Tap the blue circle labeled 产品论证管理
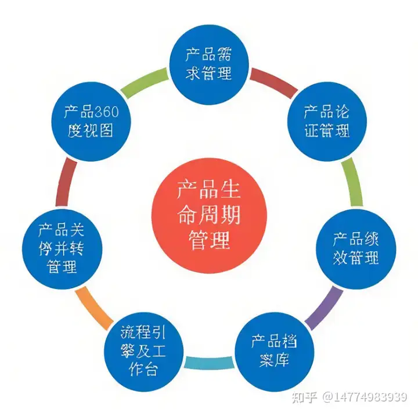click(327, 120)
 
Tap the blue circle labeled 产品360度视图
click(91, 120)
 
